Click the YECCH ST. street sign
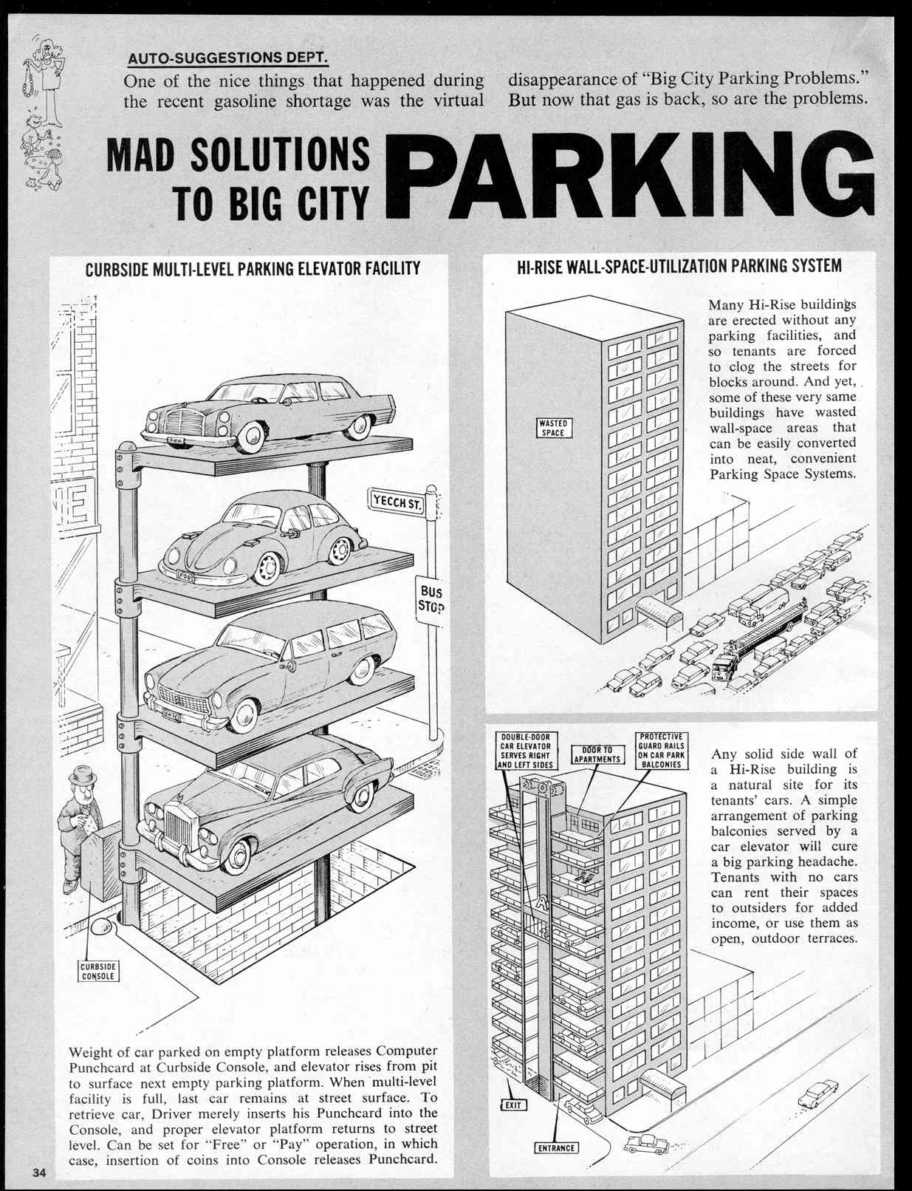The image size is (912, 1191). (398, 501)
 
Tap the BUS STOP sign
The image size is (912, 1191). (430, 600)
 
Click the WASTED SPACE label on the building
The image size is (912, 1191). (553, 428)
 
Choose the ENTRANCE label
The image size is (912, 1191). (557, 1147)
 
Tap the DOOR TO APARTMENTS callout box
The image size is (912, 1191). (597, 754)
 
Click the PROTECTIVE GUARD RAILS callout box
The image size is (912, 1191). (662, 751)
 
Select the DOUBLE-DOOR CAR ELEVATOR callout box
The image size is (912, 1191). (526, 751)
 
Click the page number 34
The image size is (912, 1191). (39, 1173)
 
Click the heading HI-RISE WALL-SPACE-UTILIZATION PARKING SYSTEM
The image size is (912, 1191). (679, 267)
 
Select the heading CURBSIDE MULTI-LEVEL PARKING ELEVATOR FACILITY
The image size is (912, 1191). (253, 268)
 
